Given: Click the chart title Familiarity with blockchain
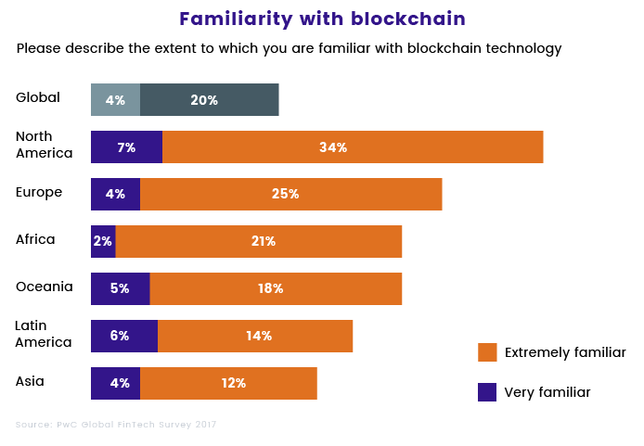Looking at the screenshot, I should [x=322, y=19].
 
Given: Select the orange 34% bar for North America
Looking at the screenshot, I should [x=353, y=147].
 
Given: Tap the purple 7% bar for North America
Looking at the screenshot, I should [x=126, y=147].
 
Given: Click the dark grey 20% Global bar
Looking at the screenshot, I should [x=209, y=100].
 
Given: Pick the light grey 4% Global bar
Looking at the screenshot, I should [x=115, y=100].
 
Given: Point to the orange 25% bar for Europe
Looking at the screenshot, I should [x=290, y=194].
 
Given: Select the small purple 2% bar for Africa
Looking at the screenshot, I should [x=103, y=241].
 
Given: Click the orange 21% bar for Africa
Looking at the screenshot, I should [x=259, y=241].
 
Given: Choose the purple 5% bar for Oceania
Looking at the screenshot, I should [x=120, y=288].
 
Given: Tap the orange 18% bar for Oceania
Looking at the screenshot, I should [x=276, y=288].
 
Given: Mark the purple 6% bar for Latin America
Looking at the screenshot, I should [x=123, y=336].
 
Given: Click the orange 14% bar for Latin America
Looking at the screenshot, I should [x=255, y=336].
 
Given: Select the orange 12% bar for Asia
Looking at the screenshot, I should [x=228, y=383].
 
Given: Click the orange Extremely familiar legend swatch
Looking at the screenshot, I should [x=487, y=352].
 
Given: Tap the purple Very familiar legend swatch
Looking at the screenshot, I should [x=487, y=392].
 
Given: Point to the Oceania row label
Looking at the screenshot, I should [x=44, y=287].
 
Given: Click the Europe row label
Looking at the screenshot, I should [x=39, y=192].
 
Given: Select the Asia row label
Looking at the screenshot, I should [x=30, y=381].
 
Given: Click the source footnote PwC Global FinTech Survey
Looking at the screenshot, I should [x=116, y=425].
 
